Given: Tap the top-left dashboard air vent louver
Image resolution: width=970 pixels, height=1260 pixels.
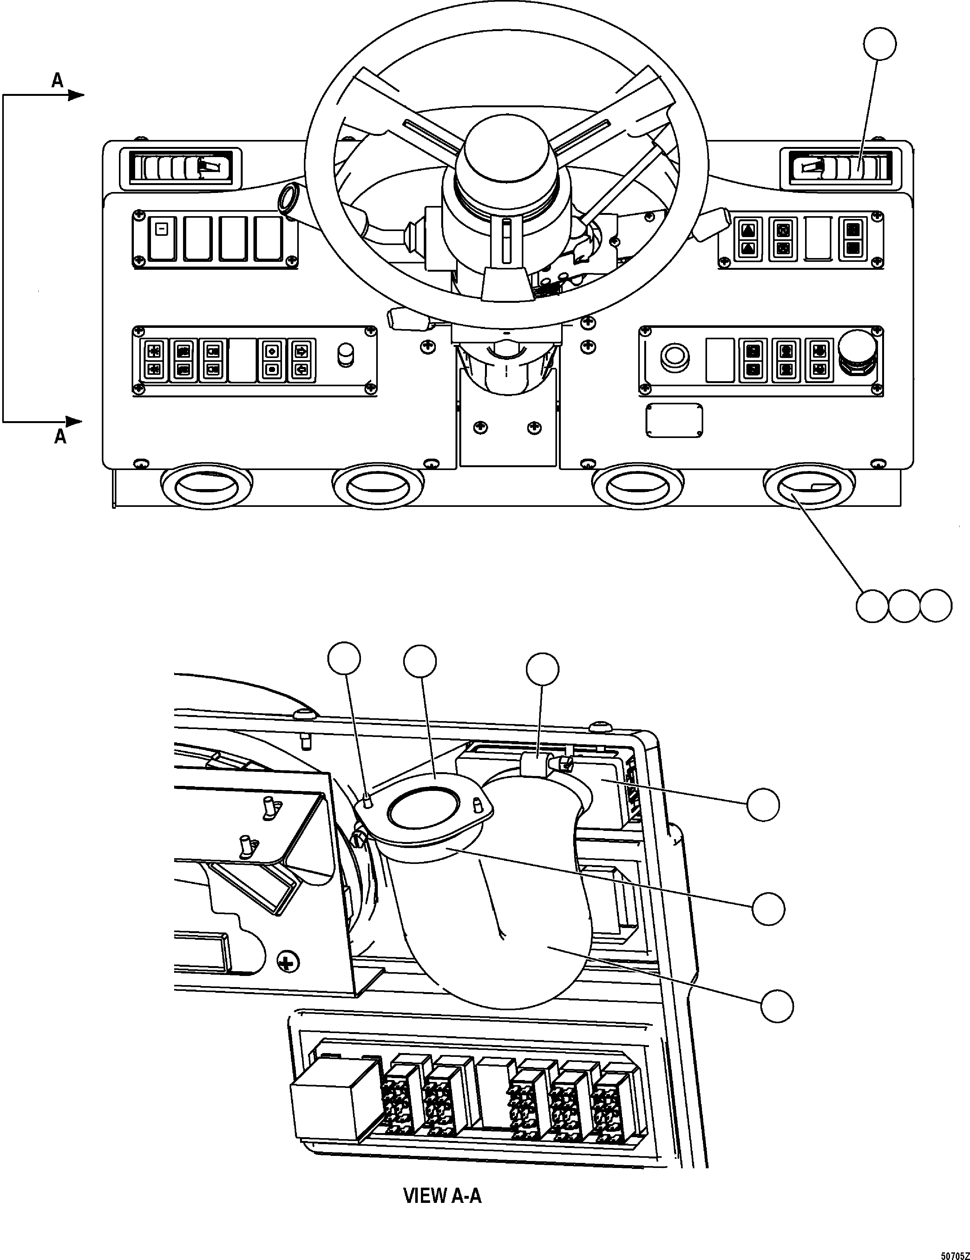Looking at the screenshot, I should point(180,169).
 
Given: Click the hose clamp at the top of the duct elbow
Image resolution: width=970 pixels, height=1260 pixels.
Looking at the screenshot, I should point(535,765).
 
